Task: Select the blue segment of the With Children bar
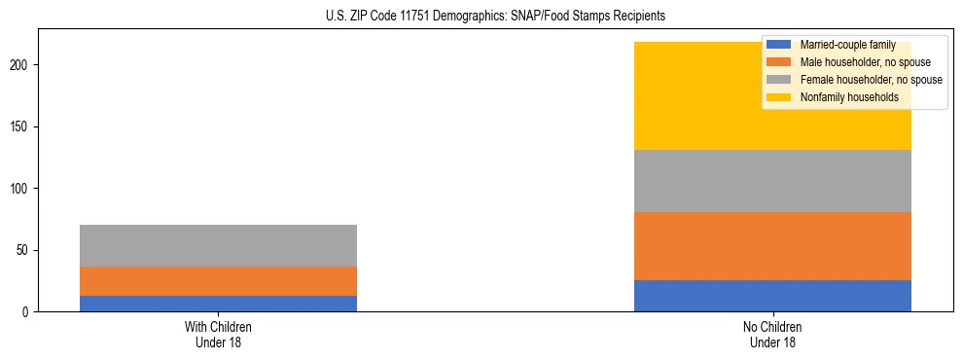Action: (218, 304)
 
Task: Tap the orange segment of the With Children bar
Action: (218, 281)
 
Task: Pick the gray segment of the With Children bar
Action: (218, 245)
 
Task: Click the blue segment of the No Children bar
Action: (772, 296)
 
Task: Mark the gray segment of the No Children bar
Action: (772, 181)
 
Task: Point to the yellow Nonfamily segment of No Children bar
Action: (700, 96)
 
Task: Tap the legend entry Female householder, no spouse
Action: (871, 80)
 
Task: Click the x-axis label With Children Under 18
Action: (218, 334)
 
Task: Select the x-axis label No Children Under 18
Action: (772, 334)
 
